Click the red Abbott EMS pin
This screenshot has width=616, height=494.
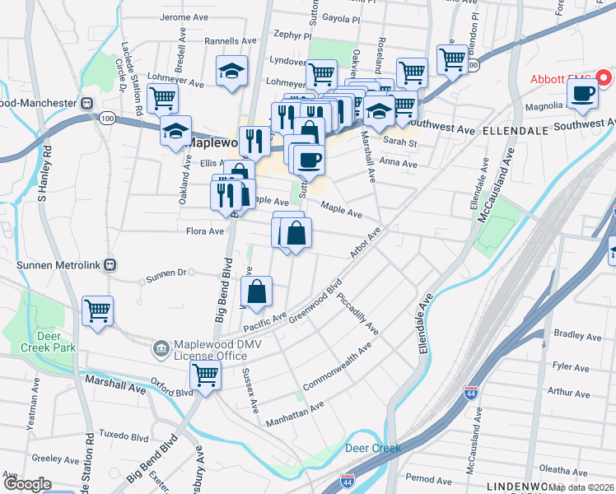[x=603, y=79]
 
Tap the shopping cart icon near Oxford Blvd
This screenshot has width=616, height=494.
[x=204, y=375]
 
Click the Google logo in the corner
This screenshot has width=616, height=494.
[x=27, y=484]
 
